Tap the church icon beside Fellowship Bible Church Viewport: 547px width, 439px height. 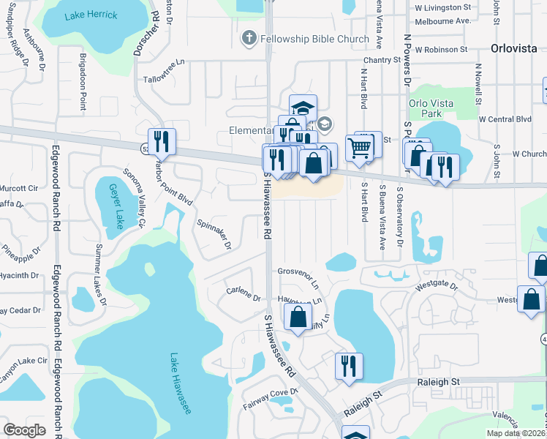pyautogui.click(x=249, y=37)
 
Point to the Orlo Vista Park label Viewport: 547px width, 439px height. pyautogui.click(x=426, y=108)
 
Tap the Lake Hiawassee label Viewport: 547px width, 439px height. pyautogui.click(x=180, y=384)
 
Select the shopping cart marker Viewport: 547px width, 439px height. pyautogui.click(x=359, y=147)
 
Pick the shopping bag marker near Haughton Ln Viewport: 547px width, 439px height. pyautogui.click(x=297, y=317)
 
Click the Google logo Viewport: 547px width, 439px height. pyautogui.click(x=24, y=429)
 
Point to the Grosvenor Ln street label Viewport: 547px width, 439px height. pyautogui.click(x=298, y=275)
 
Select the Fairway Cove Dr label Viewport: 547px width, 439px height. pyautogui.click(x=271, y=392)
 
